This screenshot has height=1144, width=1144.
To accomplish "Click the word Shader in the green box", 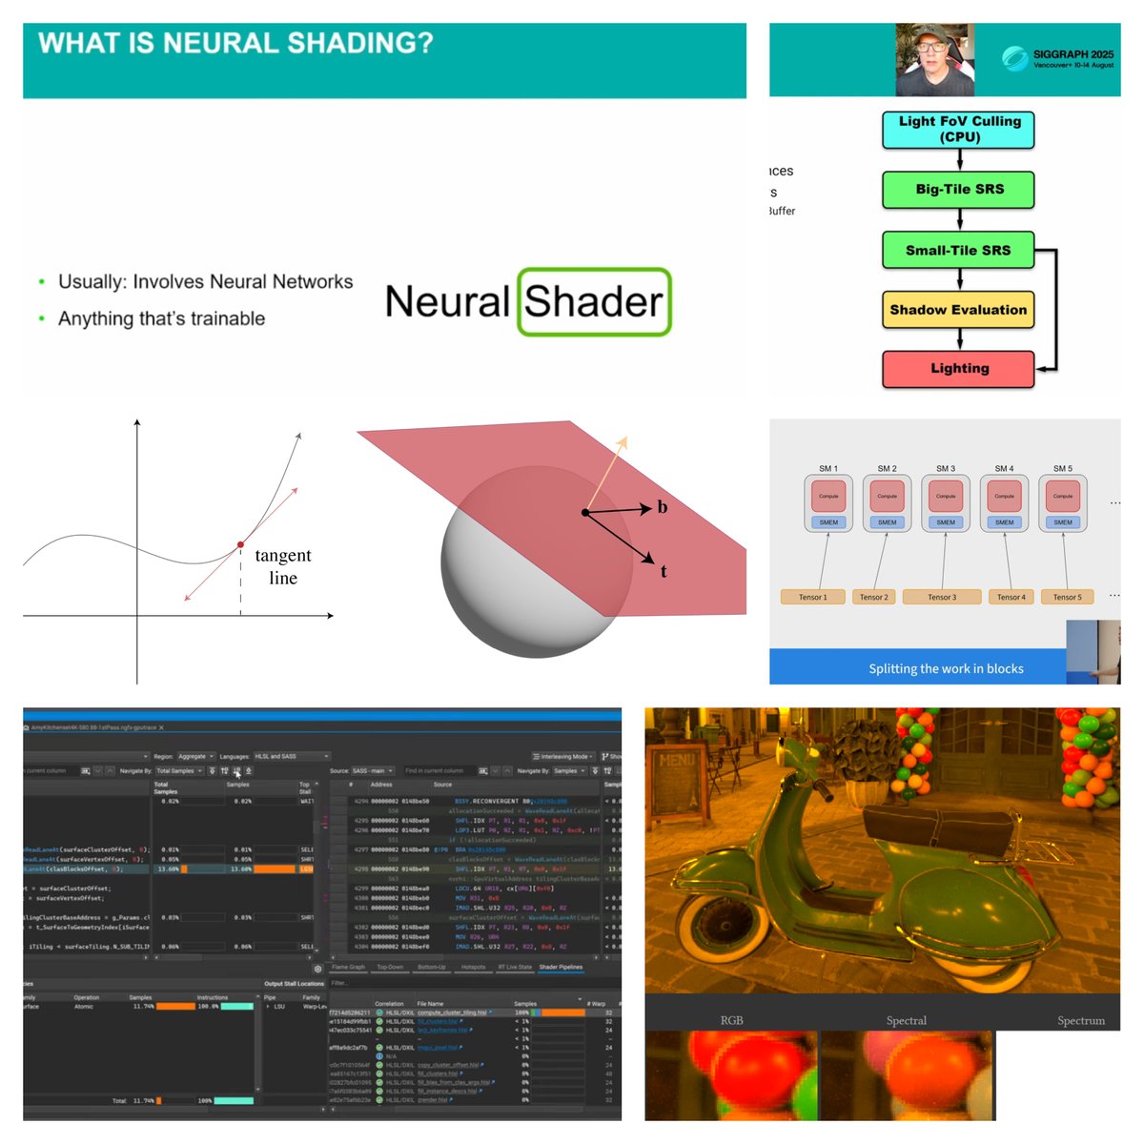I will (x=594, y=302).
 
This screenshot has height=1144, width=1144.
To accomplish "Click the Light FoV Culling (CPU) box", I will (x=959, y=129).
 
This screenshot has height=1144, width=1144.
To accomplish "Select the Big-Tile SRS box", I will (x=959, y=190).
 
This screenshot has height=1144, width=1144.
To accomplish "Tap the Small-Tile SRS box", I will (x=958, y=251).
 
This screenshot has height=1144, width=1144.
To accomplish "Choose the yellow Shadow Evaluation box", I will (x=958, y=310).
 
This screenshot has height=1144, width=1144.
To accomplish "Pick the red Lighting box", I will (x=959, y=369).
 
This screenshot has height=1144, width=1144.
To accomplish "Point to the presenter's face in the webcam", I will (x=931, y=55).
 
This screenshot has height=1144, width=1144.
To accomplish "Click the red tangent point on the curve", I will (x=240, y=544).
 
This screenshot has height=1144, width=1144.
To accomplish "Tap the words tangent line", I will (x=282, y=566).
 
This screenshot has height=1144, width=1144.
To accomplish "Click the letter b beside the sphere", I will (x=662, y=507).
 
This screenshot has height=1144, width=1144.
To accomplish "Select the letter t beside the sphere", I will (x=664, y=572).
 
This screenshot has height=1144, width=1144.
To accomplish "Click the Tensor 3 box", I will (x=942, y=598).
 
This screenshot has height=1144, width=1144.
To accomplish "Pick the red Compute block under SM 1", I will (x=828, y=496).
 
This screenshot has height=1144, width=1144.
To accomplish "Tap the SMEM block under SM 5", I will (x=1063, y=522).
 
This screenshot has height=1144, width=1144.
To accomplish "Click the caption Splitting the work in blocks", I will (x=946, y=668).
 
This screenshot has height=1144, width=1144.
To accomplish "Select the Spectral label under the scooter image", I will (x=906, y=1020).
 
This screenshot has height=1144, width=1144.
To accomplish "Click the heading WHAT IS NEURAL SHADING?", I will (x=235, y=44).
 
